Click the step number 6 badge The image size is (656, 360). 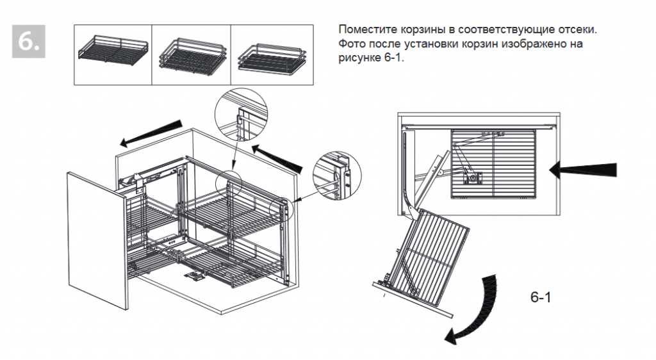click(x=29, y=42)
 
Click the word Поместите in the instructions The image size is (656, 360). click(x=366, y=31)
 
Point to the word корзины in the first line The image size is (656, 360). click(x=422, y=31)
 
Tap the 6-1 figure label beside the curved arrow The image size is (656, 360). click(x=541, y=298)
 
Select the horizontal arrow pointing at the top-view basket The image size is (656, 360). click(x=583, y=170)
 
